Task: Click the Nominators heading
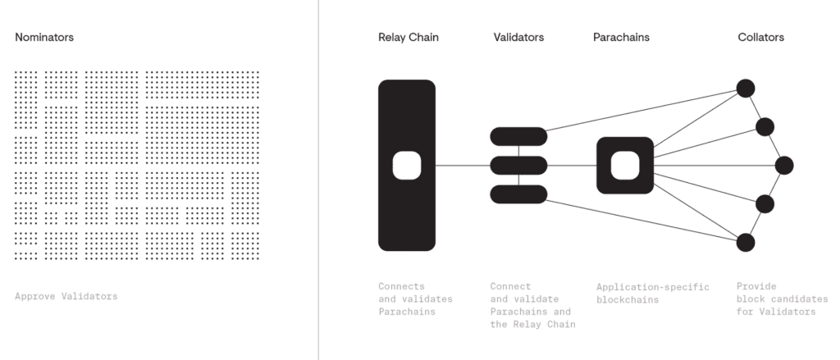pos(44,37)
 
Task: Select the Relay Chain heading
pos(409,37)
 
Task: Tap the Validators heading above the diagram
pos(518,37)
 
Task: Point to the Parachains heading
pos(622,37)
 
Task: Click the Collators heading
pos(760,37)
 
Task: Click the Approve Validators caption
pos(66,296)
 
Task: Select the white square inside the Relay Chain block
pos(407,166)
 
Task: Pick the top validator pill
pos(518,137)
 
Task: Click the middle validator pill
pos(518,166)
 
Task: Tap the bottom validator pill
pos(518,194)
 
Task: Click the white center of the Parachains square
pos(625,166)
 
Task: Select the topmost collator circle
pos(746,89)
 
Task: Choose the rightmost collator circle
pos(784,166)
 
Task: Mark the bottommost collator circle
pos(746,243)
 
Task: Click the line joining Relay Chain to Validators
pos(463,166)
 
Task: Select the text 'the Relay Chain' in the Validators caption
pos(532,324)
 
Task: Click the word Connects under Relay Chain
pos(402,286)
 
